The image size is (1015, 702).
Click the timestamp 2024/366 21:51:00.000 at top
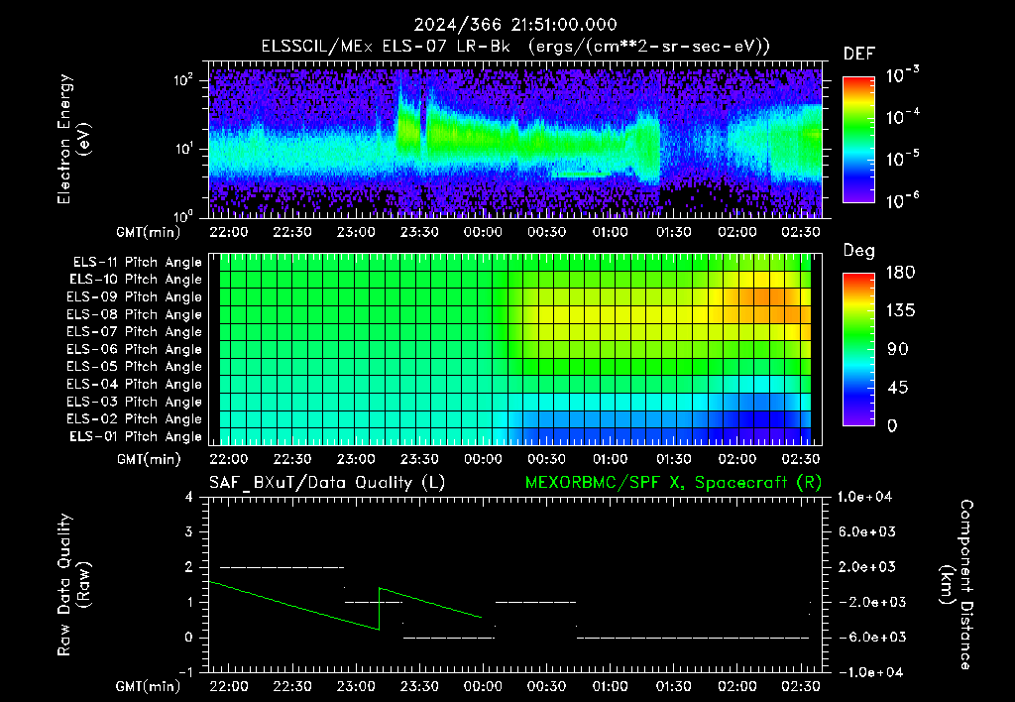click(x=515, y=25)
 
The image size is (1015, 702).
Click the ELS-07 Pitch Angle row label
click(x=134, y=331)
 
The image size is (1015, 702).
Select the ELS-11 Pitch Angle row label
click(x=137, y=262)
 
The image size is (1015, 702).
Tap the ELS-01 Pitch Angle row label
click(x=136, y=436)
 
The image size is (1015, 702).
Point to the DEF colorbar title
click(x=859, y=54)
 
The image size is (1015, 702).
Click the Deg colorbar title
click(x=858, y=251)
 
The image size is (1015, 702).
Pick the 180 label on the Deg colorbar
click(x=900, y=272)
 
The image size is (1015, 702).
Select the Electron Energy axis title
click(x=73, y=139)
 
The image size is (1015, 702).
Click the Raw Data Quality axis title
click(x=73, y=584)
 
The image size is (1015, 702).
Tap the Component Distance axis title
click(x=957, y=584)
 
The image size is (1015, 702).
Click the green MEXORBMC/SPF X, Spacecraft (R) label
click(x=673, y=483)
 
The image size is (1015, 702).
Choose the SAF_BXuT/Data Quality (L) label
click(x=327, y=483)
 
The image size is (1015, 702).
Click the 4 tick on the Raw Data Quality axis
click(x=189, y=497)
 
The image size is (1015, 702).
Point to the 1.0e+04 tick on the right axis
click(x=864, y=497)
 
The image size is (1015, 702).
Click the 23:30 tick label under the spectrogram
click(x=419, y=232)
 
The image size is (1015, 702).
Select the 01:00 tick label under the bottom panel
click(x=610, y=686)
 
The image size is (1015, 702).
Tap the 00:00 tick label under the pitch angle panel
click(x=483, y=459)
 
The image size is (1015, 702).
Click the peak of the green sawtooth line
click(x=380, y=588)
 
